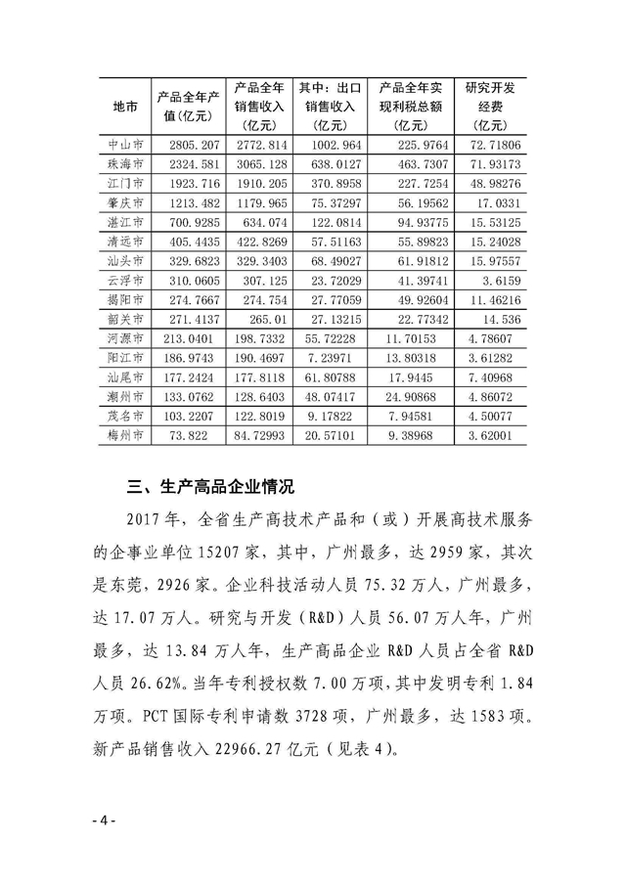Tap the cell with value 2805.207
point(190,144)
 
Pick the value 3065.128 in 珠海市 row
point(259,163)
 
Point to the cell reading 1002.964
point(329,144)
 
